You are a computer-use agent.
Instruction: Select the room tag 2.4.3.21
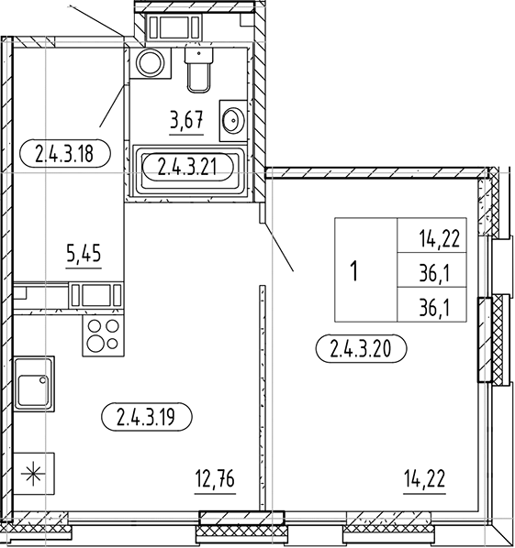(186, 167)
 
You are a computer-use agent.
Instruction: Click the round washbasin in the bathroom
(233, 121)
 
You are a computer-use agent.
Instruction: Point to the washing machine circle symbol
(148, 63)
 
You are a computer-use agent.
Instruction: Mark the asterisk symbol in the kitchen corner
(32, 475)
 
